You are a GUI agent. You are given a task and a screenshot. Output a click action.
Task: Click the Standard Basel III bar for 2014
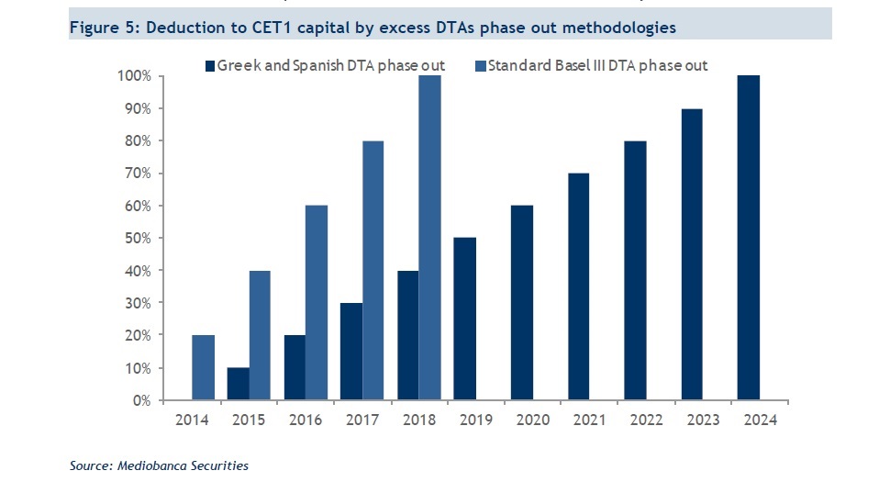(x=203, y=367)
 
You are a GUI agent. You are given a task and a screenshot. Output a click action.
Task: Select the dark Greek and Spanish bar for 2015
(x=239, y=384)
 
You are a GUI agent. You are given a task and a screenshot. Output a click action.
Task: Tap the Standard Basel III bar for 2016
(x=316, y=303)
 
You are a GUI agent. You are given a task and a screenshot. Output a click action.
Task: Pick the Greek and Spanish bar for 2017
(x=350, y=352)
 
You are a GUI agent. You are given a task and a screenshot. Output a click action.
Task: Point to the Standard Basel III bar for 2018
(x=429, y=238)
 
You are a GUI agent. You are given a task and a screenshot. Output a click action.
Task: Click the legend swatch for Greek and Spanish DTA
(x=209, y=65)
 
